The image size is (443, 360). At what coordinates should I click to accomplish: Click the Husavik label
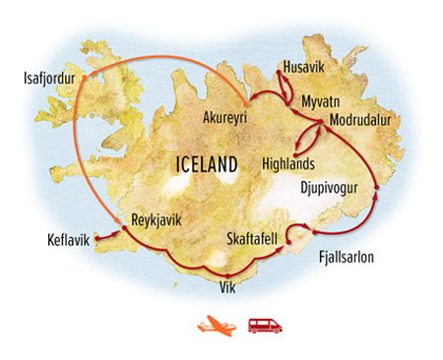coord(303,66)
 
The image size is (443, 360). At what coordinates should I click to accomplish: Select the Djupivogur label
coord(326,186)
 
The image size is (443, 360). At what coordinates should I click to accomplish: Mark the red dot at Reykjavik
coord(122,229)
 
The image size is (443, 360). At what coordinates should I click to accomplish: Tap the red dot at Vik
coord(225,273)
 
